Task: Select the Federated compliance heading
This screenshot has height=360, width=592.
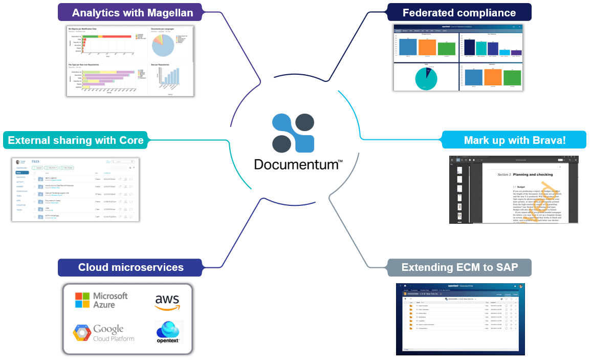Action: click(459, 12)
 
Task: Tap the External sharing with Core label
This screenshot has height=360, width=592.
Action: click(76, 140)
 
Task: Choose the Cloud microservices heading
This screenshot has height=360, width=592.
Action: click(130, 267)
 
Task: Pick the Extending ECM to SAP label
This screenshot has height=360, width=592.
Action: click(459, 267)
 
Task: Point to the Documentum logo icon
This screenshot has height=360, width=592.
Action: click(293, 133)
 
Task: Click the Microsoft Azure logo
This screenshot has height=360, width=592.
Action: click(101, 300)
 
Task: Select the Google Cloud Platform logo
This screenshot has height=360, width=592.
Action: click(104, 333)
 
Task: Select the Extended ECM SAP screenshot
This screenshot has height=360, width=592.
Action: click(460, 319)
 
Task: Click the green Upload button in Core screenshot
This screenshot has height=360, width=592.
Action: click(37, 167)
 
